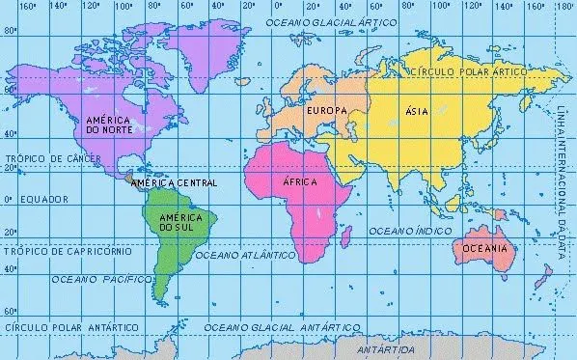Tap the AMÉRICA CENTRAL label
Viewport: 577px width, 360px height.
pos(174,181)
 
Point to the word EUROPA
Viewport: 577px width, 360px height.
pos(325,113)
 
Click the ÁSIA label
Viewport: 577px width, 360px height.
pos(418,112)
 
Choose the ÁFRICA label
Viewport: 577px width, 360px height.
pos(300,181)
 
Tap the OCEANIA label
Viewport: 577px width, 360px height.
pos(483,248)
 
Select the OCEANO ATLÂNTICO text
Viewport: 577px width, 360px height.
pos(244,256)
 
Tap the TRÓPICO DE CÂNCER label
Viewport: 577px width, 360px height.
pos(47,157)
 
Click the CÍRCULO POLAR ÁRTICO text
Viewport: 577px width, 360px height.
pos(468,72)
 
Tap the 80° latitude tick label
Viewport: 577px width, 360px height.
pos(10,31)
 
